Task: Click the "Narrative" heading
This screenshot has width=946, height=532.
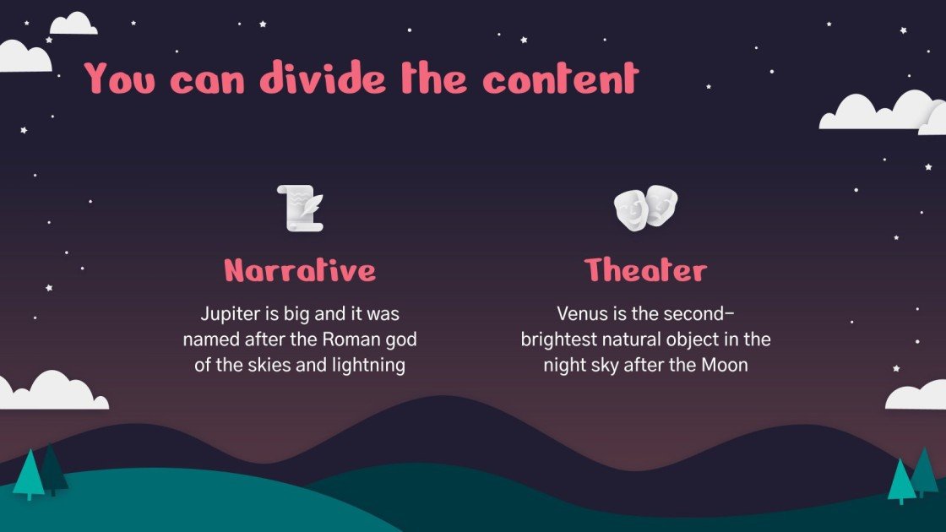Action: point(300,270)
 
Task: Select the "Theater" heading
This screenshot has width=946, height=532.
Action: point(645,270)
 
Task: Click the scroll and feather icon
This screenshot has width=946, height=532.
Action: point(300,208)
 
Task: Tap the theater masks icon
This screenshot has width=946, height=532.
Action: point(645,208)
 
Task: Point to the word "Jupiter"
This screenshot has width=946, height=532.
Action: point(227,314)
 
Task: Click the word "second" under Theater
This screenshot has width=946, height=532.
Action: point(699,314)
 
